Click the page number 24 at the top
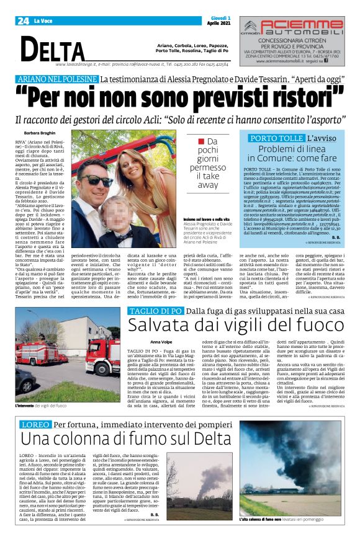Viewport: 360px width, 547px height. click(x=23, y=21)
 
